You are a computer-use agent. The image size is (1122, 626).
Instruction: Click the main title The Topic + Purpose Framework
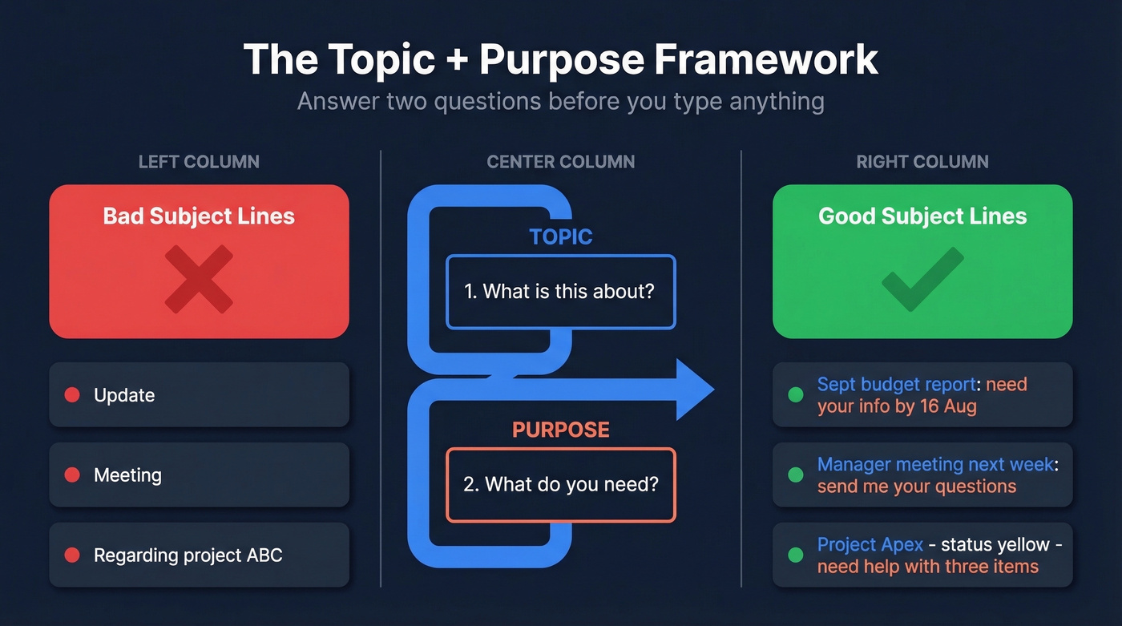tap(560, 60)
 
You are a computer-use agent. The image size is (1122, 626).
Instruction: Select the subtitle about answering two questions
tap(560, 102)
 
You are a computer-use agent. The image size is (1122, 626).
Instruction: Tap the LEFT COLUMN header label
tap(199, 162)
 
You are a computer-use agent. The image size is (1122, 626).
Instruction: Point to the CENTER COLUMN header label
tap(560, 162)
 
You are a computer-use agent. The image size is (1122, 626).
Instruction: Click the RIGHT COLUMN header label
tap(922, 162)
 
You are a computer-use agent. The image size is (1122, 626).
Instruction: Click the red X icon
tap(199, 279)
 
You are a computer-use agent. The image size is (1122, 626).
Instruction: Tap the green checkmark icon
tap(922, 279)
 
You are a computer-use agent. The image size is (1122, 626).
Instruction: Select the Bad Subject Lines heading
tap(199, 216)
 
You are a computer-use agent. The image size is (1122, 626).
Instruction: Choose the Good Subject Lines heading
tap(922, 216)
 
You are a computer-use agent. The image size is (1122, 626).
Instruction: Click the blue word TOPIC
tap(560, 237)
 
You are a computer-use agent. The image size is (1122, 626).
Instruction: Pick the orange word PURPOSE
tap(560, 430)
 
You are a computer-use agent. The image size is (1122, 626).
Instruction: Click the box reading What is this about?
tap(560, 292)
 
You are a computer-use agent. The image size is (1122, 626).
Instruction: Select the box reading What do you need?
tap(560, 485)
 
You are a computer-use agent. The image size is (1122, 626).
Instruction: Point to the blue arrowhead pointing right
tap(694, 390)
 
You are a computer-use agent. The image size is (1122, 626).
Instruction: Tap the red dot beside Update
tap(72, 395)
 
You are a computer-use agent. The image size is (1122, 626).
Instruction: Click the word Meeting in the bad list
tap(127, 475)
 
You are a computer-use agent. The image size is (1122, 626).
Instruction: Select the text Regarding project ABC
tap(188, 555)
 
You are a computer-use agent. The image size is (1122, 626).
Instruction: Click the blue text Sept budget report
tap(896, 385)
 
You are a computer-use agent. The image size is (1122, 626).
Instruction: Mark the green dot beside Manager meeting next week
tap(795, 475)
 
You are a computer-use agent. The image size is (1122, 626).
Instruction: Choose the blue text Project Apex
tap(870, 545)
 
